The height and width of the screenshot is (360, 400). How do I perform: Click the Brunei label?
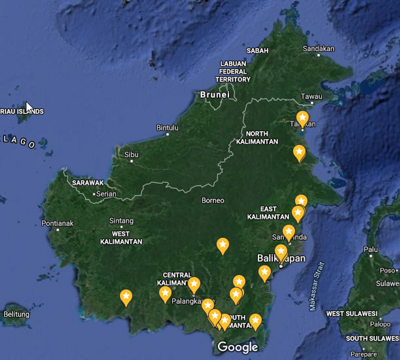[215, 95]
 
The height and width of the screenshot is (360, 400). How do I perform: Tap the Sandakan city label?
[318, 49]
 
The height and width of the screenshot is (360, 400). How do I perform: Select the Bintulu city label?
[167, 128]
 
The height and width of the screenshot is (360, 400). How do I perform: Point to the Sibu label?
[131, 155]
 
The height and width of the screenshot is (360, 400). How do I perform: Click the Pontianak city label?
[57, 223]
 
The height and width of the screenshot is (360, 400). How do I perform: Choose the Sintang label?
[121, 221]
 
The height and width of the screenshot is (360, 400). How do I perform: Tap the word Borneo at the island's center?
[213, 200]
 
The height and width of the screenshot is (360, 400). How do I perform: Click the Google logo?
[237, 347]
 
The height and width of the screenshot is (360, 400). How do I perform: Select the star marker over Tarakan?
[302, 118]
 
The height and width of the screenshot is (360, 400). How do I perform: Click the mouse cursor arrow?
[29, 106]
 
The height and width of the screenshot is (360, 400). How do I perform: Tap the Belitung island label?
[16, 314]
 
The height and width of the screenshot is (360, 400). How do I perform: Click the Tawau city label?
[312, 97]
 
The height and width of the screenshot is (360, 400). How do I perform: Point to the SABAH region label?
[257, 51]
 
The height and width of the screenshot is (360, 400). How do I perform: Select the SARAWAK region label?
[88, 183]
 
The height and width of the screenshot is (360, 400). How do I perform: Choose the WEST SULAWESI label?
[351, 314]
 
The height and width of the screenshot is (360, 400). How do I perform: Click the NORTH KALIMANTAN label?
[257, 137]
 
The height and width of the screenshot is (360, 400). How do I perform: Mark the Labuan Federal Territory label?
[233, 71]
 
